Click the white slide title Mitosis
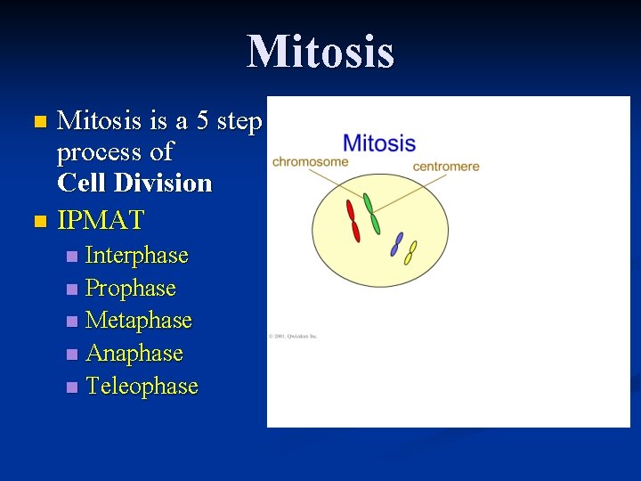click(320, 51)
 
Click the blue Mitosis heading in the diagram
click(378, 143)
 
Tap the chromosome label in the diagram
click(310, 162)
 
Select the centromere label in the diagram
click(446, 166)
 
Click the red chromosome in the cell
click(353, 220)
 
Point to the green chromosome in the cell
click(371, 214)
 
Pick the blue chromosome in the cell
click(397, 244)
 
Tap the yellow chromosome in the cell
click(410, 253)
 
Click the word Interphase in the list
click(136, 256)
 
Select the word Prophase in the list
click(130, 289)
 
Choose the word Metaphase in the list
click(138, 321)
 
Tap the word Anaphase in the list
click(134, 354)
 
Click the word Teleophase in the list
click(142, 387)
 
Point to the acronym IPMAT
click(101, 219)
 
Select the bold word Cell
click(77, 183)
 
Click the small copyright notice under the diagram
click(293, 337)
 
